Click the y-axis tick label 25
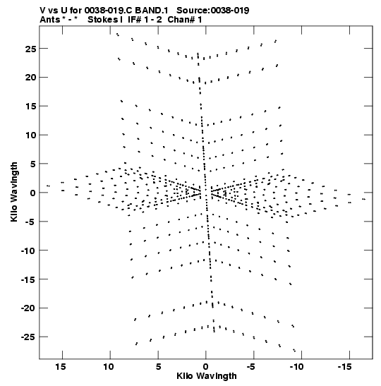click(x=30, y=49)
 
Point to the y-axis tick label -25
click(x=28, y=337)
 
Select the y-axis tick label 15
click(x=31, y=107)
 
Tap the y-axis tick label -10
click(x=28, y=251)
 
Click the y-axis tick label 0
click(x=33, y=193)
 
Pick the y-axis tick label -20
click(x=28, y=308)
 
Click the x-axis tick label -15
click(x=344, y=367)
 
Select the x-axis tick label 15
click(x=61, y=367)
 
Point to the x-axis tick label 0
click(x=206, y=367)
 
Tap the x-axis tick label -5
click(x=251, y=367)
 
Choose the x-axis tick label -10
click(x=297, y=367)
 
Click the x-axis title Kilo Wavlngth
click(x=207, y=376)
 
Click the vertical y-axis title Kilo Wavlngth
click(x=14, y=192)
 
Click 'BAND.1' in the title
click(x=152, y=11)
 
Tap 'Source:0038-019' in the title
click(x=213, y=11)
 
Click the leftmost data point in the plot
click(x=48, y=186)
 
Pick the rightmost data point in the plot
click(x=364, y=199)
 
